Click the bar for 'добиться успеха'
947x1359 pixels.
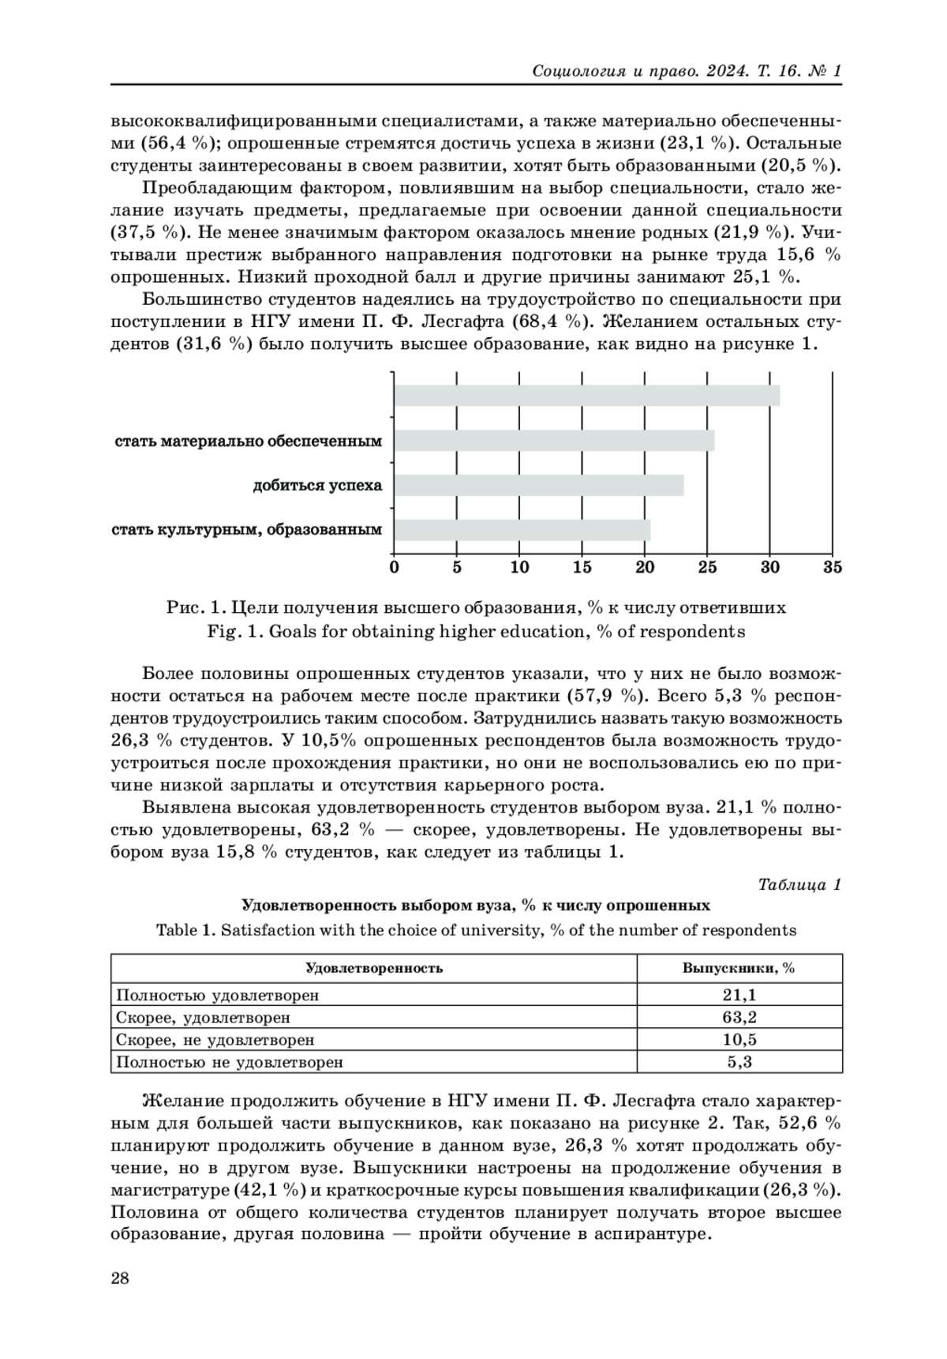538,485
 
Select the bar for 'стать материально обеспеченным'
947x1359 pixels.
554,441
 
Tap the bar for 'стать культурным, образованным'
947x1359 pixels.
522,530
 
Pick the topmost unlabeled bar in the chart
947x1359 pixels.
586,396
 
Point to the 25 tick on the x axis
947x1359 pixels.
707,567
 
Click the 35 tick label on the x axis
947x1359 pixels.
833,567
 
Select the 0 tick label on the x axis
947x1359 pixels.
395,567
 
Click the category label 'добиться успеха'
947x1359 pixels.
317,485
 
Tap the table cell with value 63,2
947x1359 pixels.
739,1018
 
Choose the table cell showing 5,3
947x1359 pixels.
739,1062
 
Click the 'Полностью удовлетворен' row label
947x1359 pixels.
218,996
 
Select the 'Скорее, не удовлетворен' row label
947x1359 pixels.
215,1040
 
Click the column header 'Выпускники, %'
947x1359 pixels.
739,968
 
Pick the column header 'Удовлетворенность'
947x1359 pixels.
373,968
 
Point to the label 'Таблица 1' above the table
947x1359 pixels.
799,884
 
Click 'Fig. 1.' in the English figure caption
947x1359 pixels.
232,632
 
